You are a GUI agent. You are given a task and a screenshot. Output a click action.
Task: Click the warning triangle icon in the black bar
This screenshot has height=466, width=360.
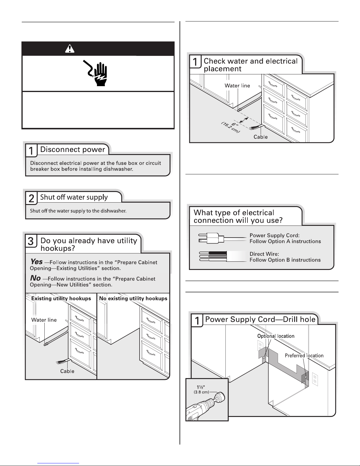pyautogui.click(x=70, y=49)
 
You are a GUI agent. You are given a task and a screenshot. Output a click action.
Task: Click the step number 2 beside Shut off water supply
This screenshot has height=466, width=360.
pyautogui.click(x=31, y=198)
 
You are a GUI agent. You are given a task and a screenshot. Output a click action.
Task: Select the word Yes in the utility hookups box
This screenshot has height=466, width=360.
pyautogui.click(x=36, y=261)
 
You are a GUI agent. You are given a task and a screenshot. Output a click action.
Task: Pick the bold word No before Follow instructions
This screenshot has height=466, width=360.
pyautogui.click(x=35, y=278)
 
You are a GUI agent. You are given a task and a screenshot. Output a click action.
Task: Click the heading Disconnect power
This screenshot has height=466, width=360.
pyautogui.click(x=73, y=149)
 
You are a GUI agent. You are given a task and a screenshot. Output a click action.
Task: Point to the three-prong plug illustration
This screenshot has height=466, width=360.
pyautogui.click(x=211, y=238)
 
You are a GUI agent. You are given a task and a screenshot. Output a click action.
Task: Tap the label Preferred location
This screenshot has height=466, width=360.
pyautogui.click(x=304, y=355)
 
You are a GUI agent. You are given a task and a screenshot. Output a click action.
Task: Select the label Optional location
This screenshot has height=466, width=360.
pyautogui.click(x=276, y=336)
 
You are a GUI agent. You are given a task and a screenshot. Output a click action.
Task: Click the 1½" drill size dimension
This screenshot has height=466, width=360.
pyautogui.click(x=201, y=387)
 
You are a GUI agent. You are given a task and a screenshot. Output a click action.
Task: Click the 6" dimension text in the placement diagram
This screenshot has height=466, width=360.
pyautogui.click(x=234, y=125)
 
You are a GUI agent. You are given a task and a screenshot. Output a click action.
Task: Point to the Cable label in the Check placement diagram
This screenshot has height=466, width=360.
pyautogui.click(x=261, y=137)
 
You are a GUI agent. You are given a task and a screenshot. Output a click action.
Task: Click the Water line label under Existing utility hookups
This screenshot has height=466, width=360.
pyautogui.click(x=44, y=320)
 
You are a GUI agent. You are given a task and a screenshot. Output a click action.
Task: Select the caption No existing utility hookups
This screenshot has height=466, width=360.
pyautogui.click(x=133, y=298)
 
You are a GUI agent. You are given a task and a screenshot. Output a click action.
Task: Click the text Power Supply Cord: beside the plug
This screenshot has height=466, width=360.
pyautogui.click(x=274, y=235)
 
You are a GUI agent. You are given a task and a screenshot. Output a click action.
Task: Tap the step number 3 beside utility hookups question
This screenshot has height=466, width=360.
pyautogui.click(x=31, y=241)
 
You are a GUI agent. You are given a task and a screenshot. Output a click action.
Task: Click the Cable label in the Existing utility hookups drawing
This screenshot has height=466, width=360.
pyautogui.click(x=67, y=371)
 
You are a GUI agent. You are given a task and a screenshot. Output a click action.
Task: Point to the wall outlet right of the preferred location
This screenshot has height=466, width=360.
pyautogui.click(x=315, y=379)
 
